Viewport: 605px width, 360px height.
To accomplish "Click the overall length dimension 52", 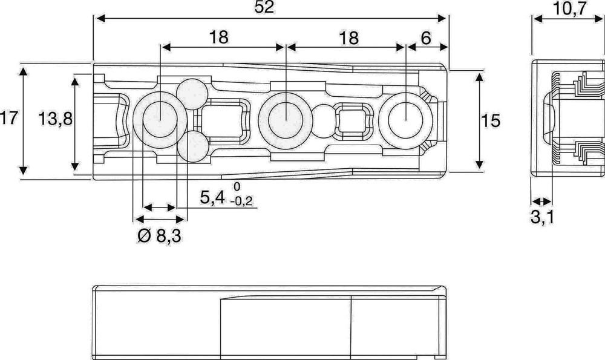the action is pos(264,7).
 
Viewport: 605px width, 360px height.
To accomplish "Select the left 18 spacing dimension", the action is pos(219,38).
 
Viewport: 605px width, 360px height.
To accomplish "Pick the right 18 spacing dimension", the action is pos(349,38).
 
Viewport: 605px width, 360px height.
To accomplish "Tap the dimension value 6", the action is pos(426,38).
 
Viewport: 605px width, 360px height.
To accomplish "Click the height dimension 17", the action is pos(8,118).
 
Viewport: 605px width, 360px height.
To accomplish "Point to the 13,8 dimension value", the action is pos(55,119).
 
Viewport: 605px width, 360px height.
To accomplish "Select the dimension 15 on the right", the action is pos(491,121).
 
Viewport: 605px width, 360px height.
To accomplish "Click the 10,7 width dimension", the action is pos(569,8).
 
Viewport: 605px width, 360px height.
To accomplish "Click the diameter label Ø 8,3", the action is pos(159,236).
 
